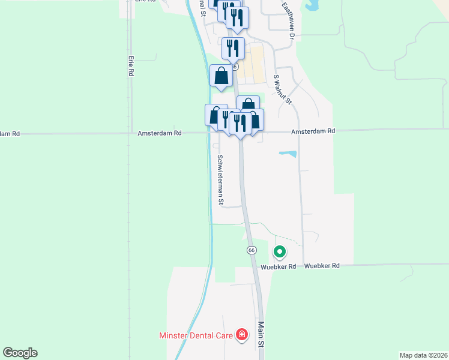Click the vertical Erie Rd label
pos(130,66)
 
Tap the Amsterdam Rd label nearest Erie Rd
pos(159,133)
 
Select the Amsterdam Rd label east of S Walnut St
pos(313,131)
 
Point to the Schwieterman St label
pos(220,181)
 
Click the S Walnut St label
pos(282,89)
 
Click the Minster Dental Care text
pos(195,335)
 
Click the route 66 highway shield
pos(252,249)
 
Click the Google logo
pos(20,353)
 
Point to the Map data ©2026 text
pos(423,355)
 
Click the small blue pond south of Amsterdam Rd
pos(288,154)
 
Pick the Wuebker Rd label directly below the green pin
pos(278,266)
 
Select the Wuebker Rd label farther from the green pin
pos(322,265)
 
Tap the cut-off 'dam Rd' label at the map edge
pos(10,134)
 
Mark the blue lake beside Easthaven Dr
pos(312,5)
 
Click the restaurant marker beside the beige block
pos(233,48)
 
